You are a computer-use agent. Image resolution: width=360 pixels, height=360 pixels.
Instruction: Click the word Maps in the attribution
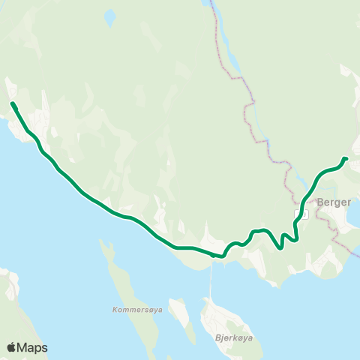tap(32, 347)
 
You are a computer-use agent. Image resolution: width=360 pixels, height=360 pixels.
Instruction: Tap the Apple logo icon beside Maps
tap(11, 346)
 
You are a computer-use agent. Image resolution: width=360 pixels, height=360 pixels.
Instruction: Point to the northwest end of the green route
tap(12, 103)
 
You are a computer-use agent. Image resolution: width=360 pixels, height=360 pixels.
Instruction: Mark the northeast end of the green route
tap(346, 158)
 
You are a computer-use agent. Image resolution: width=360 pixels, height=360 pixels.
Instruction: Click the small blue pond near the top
tap(110, 16)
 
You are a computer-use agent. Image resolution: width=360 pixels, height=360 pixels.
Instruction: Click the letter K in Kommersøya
tap(114, 309)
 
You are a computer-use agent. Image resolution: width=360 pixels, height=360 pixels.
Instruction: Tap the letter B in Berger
tap(320, 202)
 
